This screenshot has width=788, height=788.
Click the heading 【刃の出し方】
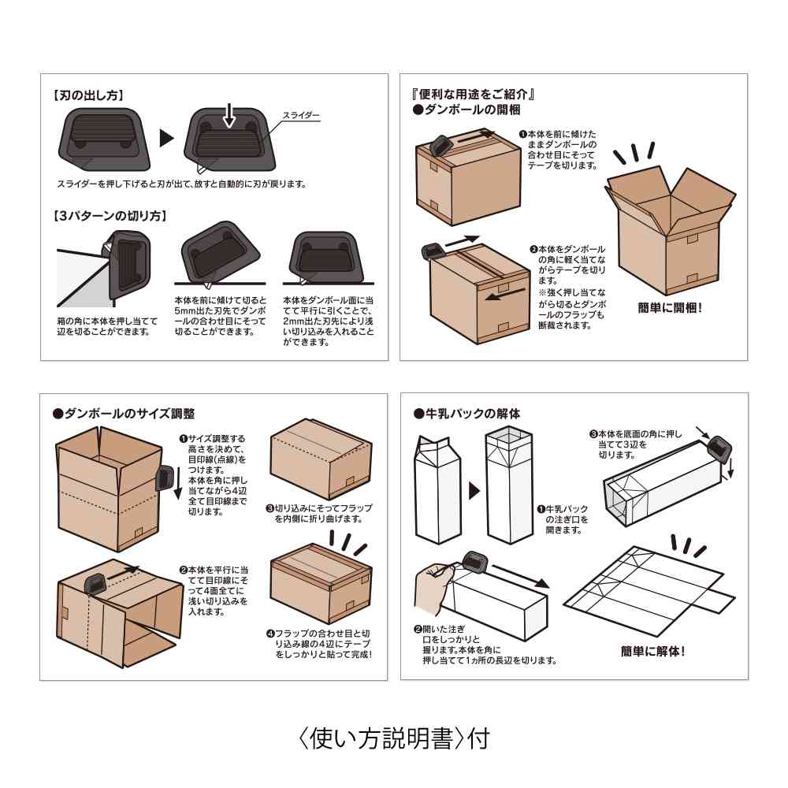[87, 95]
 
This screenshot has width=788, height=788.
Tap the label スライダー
[301, 115]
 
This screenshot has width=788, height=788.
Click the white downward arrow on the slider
[229, 114]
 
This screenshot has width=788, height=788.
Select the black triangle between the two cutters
[166, 139]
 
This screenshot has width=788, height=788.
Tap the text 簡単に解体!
[652, 651]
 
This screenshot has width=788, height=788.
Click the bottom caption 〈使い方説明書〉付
[393, 738]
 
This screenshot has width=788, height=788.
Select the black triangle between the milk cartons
[474, 491]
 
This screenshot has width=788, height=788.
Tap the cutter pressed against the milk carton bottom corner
[718, 449]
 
